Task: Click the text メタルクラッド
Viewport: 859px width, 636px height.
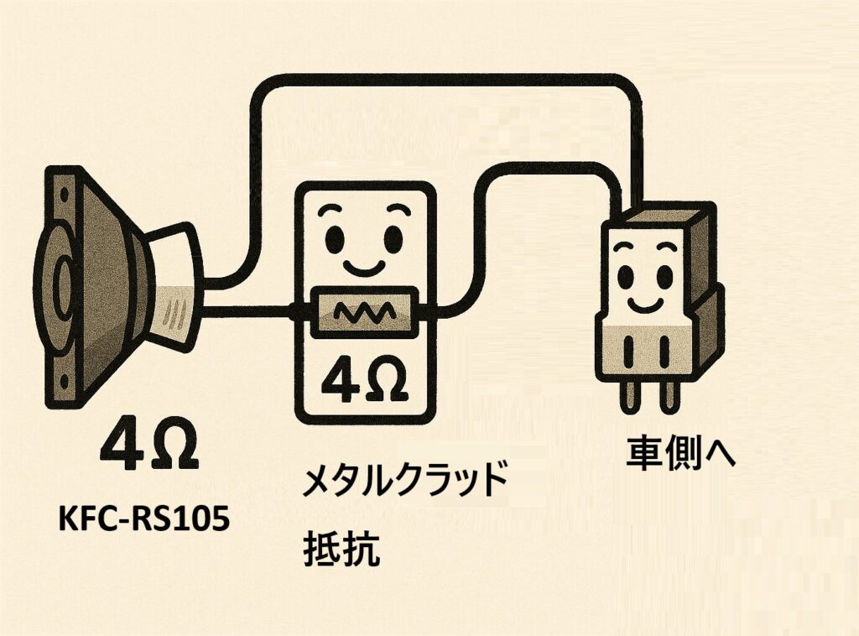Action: (405, 482)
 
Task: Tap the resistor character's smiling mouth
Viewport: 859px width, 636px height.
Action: (364, 267)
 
